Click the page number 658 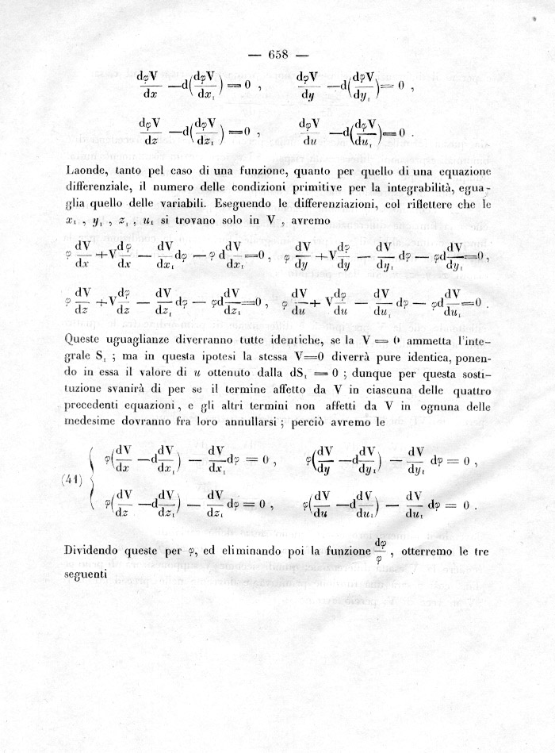click(x=277, y=55)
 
